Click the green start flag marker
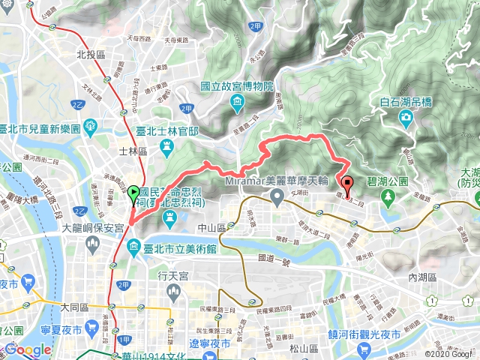coord(133,194)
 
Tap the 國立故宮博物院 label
coord(237,86)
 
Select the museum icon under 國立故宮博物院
coord(237,101)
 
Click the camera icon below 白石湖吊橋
coord(406,117)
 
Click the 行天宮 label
coord(172,275)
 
